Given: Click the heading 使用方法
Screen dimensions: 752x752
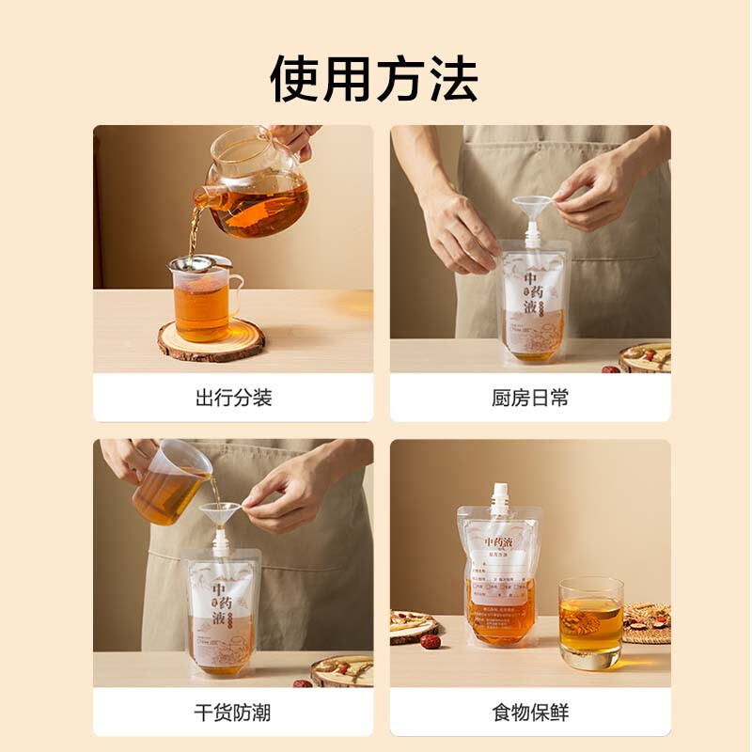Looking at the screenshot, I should tap(375, 78).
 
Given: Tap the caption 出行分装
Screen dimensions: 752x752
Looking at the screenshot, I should tap(233, 398).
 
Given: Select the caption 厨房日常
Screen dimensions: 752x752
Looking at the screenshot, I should tap(530, 398).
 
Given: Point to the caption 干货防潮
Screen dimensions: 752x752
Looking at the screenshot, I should tap(233, 712).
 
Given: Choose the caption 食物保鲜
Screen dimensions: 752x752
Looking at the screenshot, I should tap(530, 712).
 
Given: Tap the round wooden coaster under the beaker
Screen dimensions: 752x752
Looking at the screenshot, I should tap(211, 341).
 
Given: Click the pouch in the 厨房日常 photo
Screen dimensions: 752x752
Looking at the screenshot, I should tap(532, 301).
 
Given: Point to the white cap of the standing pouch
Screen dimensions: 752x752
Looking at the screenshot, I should tap(500, 497).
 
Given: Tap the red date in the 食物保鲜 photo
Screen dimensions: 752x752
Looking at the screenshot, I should tap(430, 641).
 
